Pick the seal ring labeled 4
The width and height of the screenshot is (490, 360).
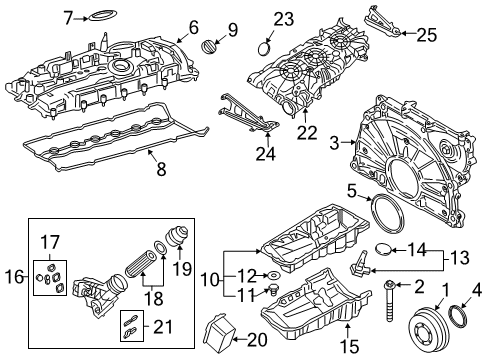coord(465,319)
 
